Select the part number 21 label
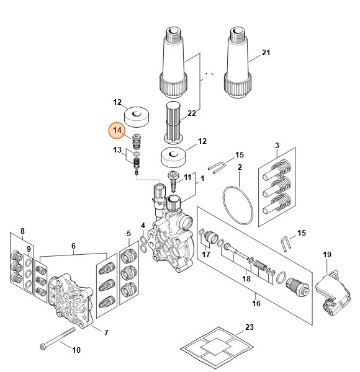pos(266,53)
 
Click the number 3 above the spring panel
pos(277,145)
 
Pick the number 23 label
pos(250,326)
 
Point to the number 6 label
pos(73,246)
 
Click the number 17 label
pos(206,254)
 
